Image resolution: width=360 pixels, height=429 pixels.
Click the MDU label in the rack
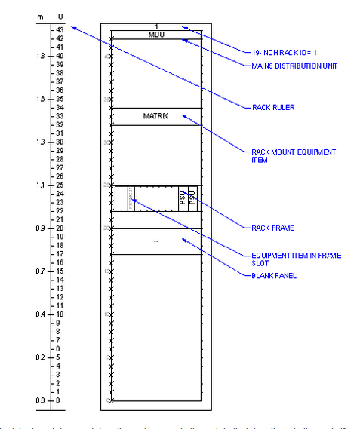(155, 35)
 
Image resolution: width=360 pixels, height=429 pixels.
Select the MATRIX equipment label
(155, 116)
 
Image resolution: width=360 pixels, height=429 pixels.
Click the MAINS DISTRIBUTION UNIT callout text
(294, 66)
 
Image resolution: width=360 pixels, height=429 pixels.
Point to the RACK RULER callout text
(272, 108)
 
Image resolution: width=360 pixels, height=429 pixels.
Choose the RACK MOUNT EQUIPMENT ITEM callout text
(293, 155)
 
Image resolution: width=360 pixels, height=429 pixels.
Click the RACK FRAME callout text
(272, 227)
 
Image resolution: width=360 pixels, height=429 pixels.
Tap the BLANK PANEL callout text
(273, 276)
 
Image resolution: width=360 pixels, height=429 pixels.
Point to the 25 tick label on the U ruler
(59, 185)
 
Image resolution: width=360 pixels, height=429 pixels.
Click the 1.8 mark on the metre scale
(39, 55)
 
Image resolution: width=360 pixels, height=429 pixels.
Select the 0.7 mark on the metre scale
(39, 271)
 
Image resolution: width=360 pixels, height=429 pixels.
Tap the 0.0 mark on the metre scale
(39, 400)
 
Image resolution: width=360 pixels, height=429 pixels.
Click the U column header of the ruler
(60, 16)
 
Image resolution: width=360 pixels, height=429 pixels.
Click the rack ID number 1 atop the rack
(156, 27)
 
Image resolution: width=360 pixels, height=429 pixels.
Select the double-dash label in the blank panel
(155, 241)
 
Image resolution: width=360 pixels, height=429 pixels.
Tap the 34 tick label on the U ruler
(59, 107)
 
